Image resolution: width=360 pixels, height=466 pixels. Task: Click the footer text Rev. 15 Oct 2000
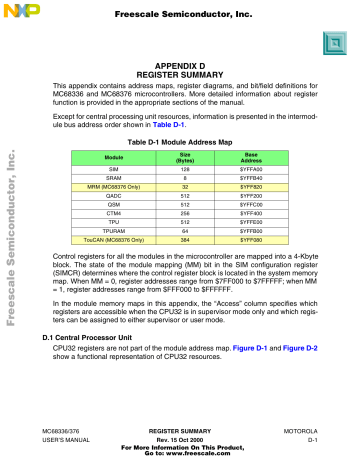(x=182, y=437)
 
